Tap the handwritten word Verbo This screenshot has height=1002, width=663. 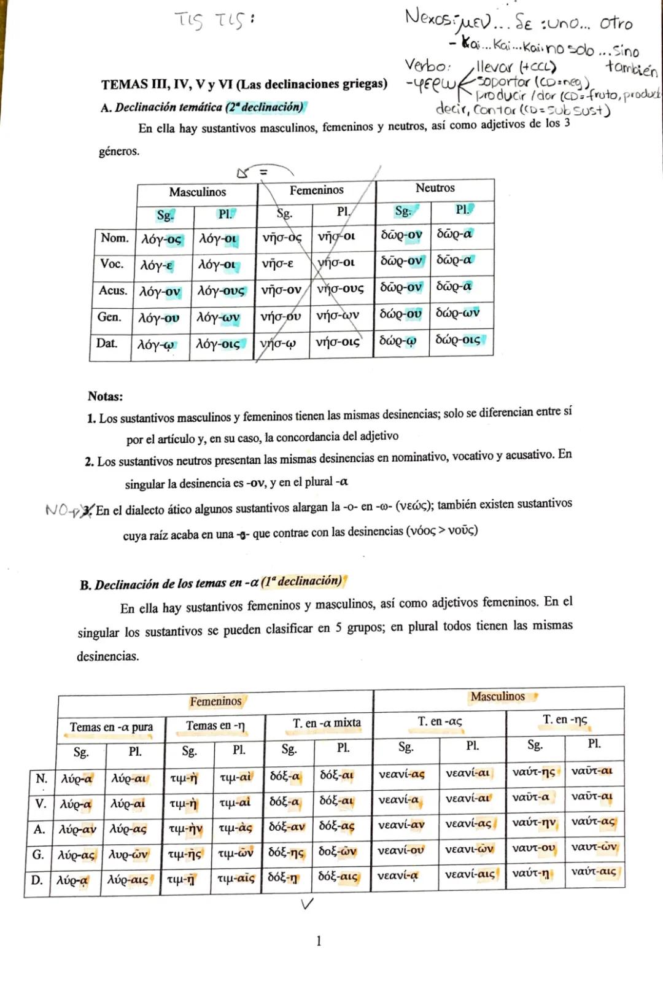pyautogui.click(x=427, y=65)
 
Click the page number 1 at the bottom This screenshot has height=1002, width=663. pyautogui.click(x=318, y=941)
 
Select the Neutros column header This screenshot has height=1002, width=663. pyautogui.click(x=435, y=188)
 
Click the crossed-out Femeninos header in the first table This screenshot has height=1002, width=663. pyautogui.click(x=316, y=190)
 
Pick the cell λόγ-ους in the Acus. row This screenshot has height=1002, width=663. pyautogui.click(x=220, y=290)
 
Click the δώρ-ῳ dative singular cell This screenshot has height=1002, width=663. pyautogui.click(x=397, y=340)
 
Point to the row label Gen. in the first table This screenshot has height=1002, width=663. pyautogui.click(x=109, y=317)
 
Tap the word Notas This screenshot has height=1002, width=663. pyautogui.click(x=105, y=396)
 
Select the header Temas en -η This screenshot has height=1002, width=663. pyautogui.click(x=215, y=726)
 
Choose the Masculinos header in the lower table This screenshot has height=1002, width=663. pyautogui.click(x=497, y=696)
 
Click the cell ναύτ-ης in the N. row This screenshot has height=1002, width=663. pyautogui.click(x=533, y=772)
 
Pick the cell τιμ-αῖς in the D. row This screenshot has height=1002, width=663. pyautogui.click(x=236, y=878)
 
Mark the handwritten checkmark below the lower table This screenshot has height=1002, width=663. pyautogui.click(x=308, y=903)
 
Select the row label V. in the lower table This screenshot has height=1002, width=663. pyautogui.click(x=41, y=804)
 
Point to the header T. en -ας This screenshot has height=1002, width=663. pyautogui.click(x=440, y=721)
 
